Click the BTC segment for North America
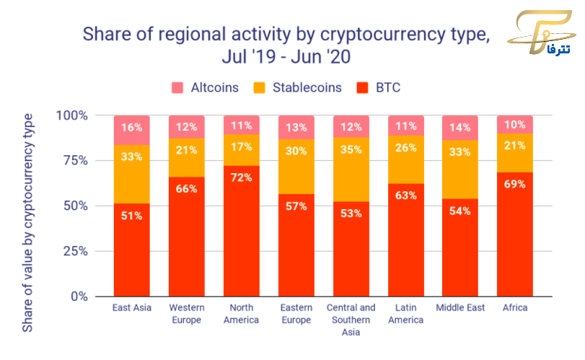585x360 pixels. point(241,231)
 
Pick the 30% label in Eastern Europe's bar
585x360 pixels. point(296,152)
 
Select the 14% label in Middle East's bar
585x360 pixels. point(461,127)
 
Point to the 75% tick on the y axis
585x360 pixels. point(73,161)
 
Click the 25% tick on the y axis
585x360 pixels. point(73,251)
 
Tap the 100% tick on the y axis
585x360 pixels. point(71,115)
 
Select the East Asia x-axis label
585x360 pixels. point(132,308)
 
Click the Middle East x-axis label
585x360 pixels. point(461,308)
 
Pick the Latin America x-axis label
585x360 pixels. point(406,314)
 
